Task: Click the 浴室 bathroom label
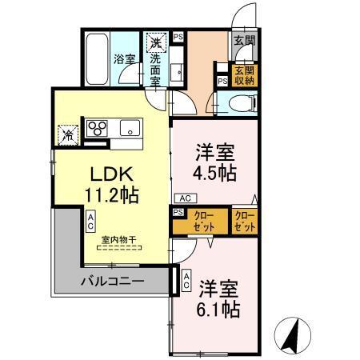(123, 58)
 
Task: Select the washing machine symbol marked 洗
(154, 41)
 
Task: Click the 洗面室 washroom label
(155, 68)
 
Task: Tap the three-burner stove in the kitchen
(98, 128)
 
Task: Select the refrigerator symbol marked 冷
(67, 133)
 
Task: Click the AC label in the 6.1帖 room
(186, 280)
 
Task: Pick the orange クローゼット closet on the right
(245, 222)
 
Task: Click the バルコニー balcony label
(113, 281)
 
